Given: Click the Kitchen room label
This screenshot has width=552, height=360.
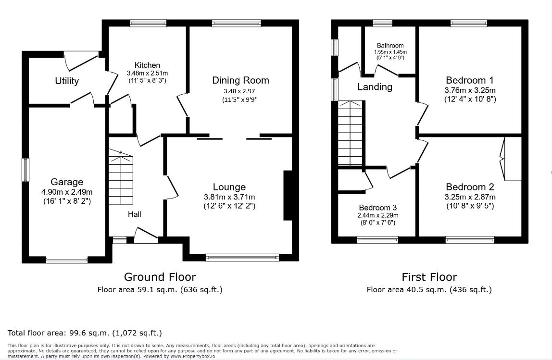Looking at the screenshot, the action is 147,65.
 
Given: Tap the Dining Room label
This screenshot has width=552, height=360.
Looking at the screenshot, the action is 240,80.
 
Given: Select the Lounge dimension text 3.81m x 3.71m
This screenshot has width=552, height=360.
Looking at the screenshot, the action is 229,197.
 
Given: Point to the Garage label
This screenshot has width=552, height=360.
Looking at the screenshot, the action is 67,182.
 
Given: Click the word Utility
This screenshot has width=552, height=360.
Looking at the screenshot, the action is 67,81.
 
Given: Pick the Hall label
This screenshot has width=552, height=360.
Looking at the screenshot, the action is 135,214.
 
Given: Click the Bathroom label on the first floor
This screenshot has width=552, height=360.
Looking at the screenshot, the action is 390,45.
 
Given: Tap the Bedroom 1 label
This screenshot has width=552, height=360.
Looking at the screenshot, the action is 470,80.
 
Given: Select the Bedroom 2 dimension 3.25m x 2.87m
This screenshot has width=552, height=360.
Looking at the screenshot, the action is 470,197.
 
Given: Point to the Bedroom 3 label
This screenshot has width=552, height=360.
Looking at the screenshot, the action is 378,208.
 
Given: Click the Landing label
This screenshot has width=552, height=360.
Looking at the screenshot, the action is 375,87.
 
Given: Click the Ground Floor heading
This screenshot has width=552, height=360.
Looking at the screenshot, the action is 160,277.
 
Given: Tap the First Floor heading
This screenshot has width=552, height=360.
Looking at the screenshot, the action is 429,277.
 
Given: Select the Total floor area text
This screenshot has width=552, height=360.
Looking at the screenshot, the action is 85,333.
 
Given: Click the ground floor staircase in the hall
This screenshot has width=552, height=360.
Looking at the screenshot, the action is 121,177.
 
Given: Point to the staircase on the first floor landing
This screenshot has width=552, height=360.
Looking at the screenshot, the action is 350,133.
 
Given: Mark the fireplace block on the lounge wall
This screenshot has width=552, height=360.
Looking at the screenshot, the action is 288,196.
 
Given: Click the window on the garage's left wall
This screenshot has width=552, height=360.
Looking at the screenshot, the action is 25,170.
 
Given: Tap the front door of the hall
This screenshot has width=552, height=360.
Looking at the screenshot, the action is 146,235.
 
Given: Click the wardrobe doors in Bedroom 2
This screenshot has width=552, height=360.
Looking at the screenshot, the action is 503,159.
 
